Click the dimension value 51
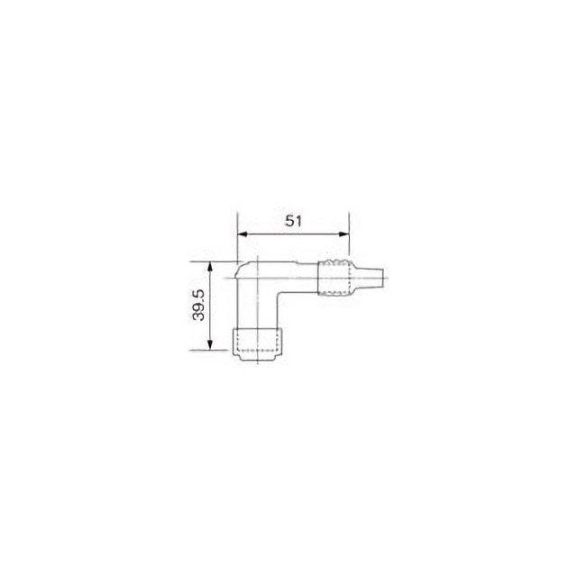293,221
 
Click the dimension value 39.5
198,305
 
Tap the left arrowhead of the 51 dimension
243,234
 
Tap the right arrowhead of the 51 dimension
344,234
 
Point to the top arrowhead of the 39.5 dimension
210,267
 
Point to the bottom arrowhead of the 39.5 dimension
210,345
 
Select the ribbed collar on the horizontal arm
334,278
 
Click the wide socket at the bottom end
257,344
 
